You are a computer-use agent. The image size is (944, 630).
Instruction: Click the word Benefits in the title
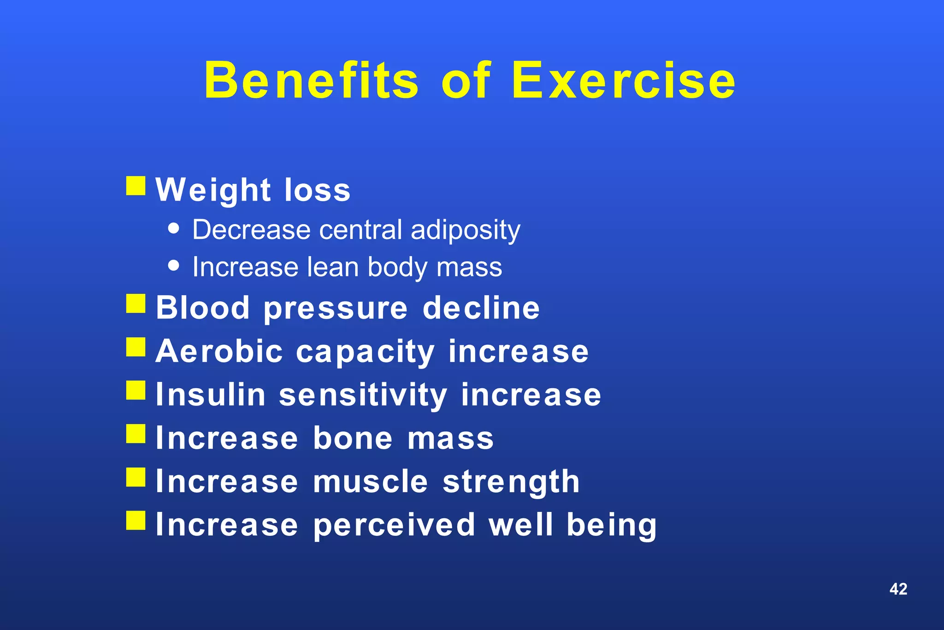312,81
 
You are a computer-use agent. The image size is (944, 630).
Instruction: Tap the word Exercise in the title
623,81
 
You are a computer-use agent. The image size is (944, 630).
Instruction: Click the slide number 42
898,589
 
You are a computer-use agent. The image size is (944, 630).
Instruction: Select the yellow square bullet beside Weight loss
136,186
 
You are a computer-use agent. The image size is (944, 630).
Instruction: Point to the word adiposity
465,230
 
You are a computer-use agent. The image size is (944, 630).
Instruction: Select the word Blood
203,308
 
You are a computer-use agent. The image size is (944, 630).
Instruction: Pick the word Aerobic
219,351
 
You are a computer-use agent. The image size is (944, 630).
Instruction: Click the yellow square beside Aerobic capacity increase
136,347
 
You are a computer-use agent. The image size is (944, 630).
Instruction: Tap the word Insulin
211,395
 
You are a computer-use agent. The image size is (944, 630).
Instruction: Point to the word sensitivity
363,396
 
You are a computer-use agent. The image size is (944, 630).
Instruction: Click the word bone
353,438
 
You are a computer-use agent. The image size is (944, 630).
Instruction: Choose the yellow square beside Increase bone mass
136,434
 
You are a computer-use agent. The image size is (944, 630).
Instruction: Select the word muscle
371,481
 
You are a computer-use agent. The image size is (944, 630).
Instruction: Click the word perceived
394,525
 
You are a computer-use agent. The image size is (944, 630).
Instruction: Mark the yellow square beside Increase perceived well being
136,520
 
